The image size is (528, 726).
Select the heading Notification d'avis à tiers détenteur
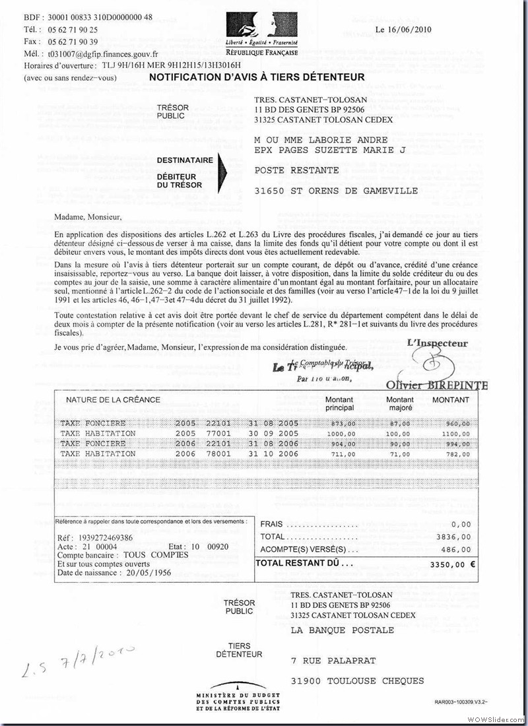257,77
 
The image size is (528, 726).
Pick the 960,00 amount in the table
457,424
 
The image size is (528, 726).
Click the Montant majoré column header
400,403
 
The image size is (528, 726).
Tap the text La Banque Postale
343,630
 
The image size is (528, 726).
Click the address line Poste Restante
297,170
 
